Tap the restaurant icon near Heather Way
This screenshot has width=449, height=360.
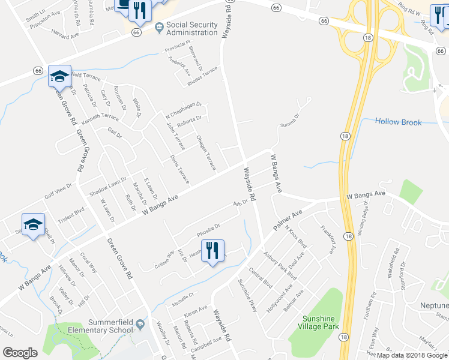pyautogui.click(x=212, y=251)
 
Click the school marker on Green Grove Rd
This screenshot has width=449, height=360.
pyautogui.click(x=59, y=76)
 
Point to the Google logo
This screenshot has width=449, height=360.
pyautogui.click(x=20, y=353)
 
